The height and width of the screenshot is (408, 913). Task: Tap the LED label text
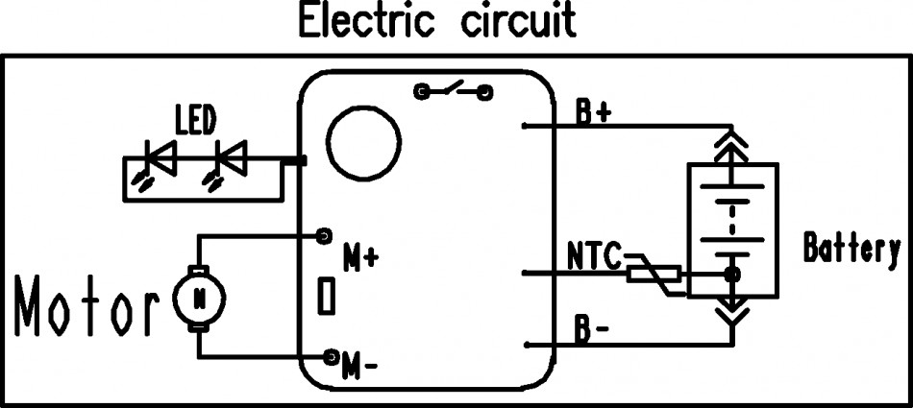(195, 122)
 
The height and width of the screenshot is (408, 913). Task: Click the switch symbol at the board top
(453, 92)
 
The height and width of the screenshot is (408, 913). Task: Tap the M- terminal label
(361, 367)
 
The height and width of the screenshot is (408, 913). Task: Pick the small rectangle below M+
(327, 296)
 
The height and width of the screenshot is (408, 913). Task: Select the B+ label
(594, 112)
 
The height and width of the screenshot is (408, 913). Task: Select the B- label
(592, 331)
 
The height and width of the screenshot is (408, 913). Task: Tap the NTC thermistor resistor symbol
(655, 275)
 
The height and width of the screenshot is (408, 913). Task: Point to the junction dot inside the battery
(732, 276)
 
